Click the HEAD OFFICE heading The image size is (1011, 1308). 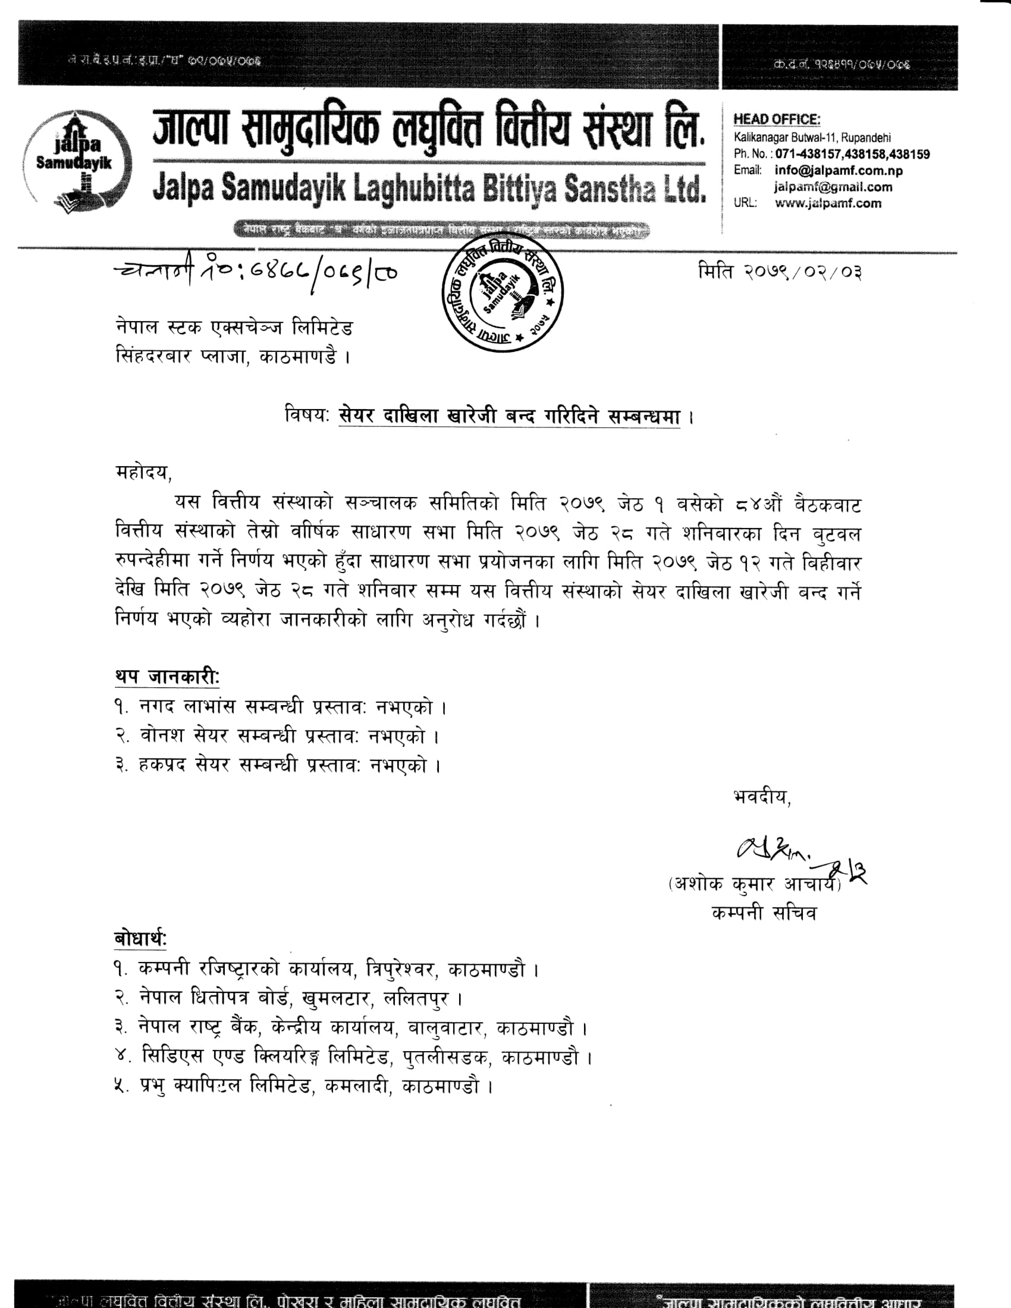point(777,120)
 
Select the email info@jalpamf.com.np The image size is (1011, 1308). point(838,171)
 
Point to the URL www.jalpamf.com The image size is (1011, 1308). point(828,203)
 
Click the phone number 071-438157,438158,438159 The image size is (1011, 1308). point(852,155)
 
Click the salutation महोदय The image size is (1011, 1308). point(143,473)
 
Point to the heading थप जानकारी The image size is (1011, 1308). point(167,677)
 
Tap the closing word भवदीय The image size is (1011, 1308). point(761,797)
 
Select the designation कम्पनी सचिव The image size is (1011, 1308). point(764,913)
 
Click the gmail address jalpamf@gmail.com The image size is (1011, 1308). point(833,187)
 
